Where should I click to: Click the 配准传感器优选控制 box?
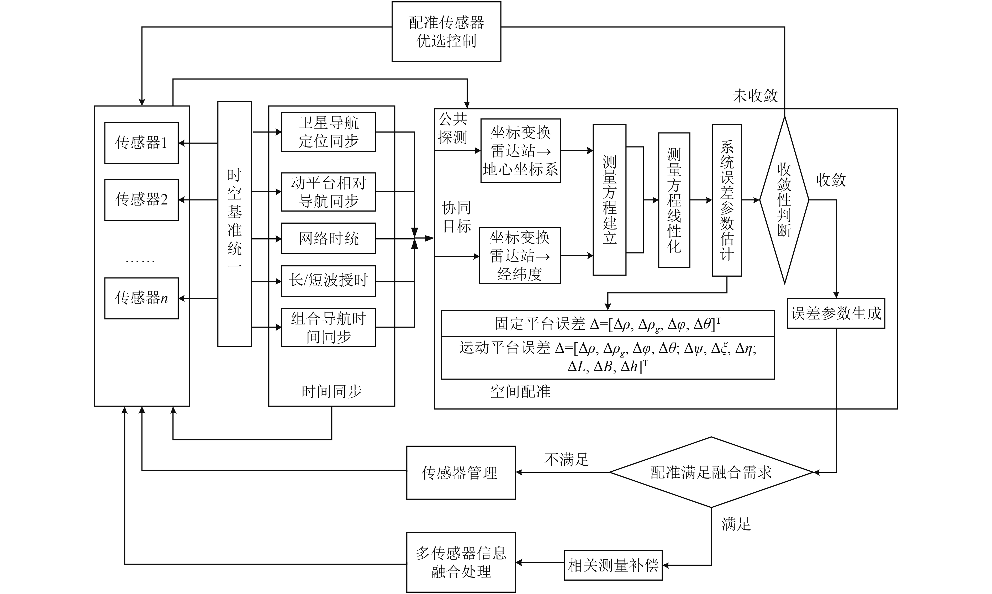[446, 31]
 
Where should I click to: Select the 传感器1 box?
[141, 143]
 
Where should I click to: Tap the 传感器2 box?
[141, 199]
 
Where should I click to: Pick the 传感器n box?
[141, 298]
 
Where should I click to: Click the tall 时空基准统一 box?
[235, 224]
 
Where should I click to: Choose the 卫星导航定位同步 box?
[329, 132]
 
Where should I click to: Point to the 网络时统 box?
[329, 239]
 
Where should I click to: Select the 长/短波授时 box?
[329, 281]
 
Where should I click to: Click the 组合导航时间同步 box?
[329, 327]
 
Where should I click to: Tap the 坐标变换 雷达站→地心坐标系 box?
[520, 150]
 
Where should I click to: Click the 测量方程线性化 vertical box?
[674, 200]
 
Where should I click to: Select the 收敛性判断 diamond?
[784, 200]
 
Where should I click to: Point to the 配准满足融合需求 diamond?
[711, 472]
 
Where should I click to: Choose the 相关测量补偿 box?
[613, 565]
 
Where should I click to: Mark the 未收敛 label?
[755, 96]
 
